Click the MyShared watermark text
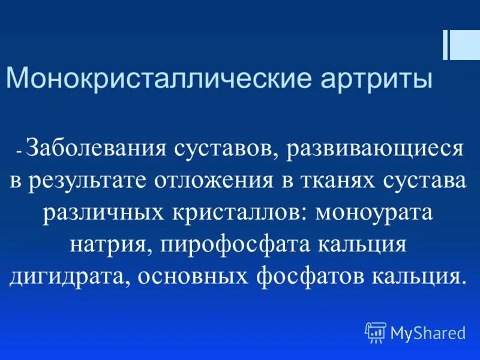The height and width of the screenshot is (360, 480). (428, 332)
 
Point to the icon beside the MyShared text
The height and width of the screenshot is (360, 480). (376, 332)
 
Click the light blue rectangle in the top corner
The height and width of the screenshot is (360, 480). (466, 45)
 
